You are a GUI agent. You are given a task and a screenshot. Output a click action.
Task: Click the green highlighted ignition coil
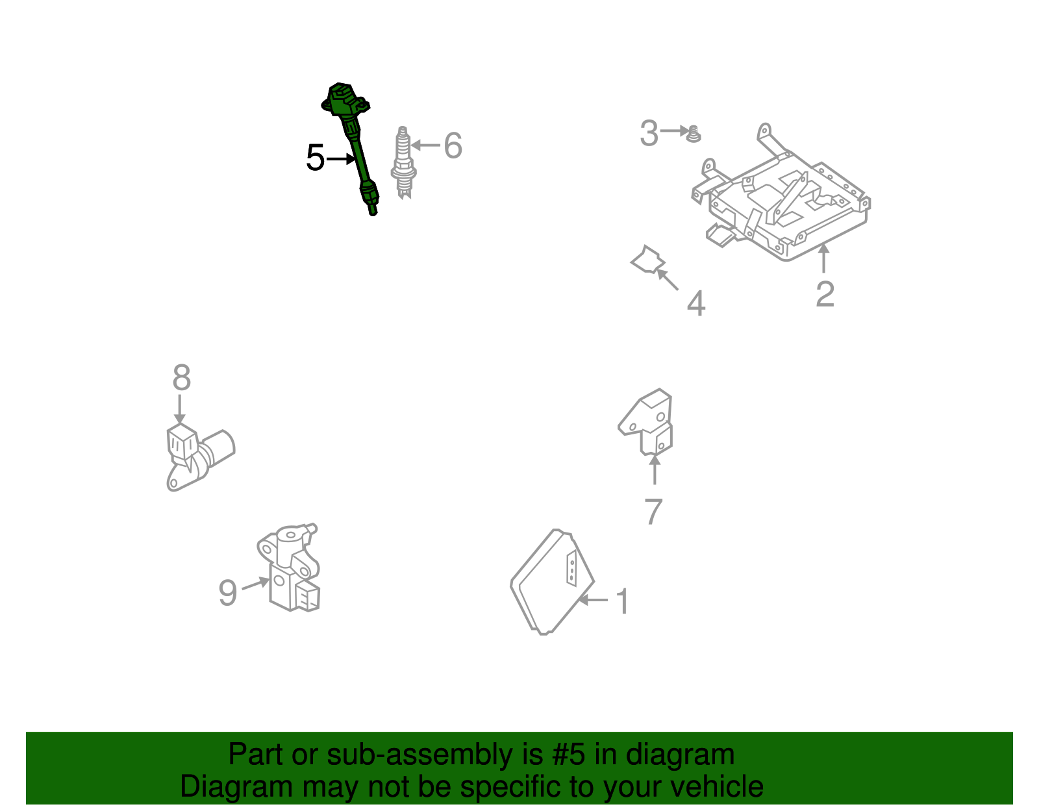(x=355, y=143)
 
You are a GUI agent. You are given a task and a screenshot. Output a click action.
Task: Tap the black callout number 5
(x=315, y=158)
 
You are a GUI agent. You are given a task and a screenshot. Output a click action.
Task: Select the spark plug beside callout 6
(x=403, y=162)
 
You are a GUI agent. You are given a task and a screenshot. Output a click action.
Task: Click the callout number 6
(x=453, y=145)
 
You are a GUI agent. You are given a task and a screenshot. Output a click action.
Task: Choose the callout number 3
(x=649, y=133)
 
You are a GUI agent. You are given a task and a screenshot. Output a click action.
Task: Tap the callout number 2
(x=825, y=294)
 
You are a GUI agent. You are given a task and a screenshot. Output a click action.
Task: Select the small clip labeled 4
(x=648, y=260)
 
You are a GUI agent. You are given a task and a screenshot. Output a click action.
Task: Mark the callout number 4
(x=696, y=303)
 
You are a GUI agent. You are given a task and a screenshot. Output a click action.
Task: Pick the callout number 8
(x=182, y=377)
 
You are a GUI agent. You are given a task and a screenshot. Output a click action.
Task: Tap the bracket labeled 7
(x=645, y=421)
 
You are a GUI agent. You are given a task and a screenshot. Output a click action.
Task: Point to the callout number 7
(x=654, y=512)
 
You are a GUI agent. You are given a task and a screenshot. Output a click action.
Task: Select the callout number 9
(x=227, y=593)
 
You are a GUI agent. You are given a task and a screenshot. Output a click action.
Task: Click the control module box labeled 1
(x=552, y=582)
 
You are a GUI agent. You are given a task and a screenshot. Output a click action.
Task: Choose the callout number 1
(x=622, y=601)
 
